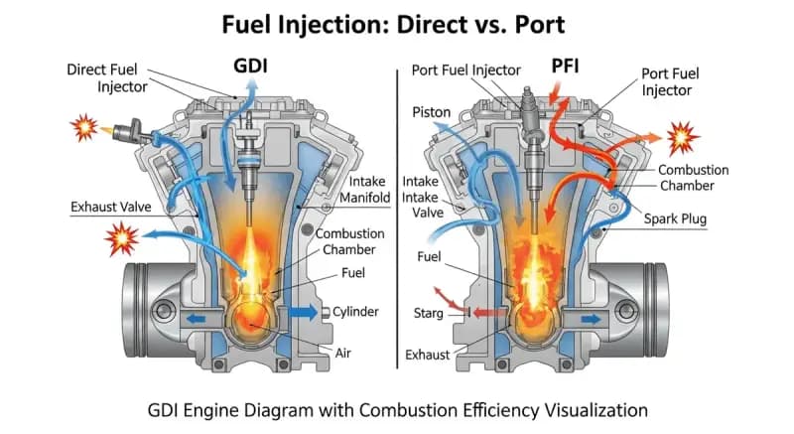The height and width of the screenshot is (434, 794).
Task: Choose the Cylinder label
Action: tap(355, 312)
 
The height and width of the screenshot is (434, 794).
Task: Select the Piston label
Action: tap(432, 112)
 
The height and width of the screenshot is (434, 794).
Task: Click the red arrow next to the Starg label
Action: tap(484, 313)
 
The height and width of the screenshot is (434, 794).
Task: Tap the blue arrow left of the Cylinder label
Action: tap(305, 312)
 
